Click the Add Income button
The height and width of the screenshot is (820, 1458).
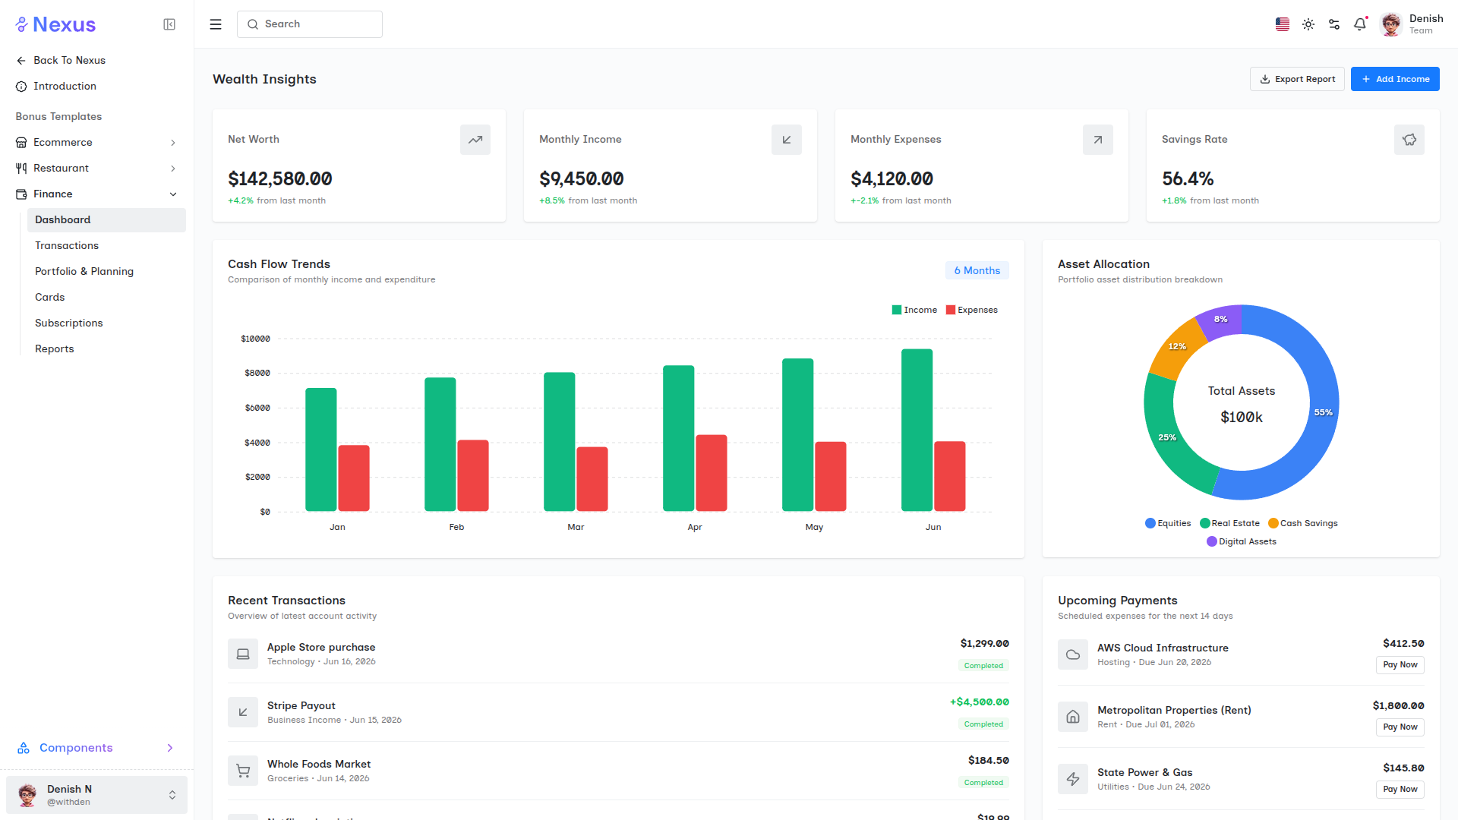(x=1395, y=79)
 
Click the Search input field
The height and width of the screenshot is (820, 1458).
(x=310, y=24)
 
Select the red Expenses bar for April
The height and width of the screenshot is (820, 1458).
(x=712, y=473)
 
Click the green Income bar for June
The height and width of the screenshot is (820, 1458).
(x=917, y=430)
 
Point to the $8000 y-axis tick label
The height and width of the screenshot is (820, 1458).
(x=257, y=373)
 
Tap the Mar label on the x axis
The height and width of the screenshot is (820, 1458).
(x=576, y=527)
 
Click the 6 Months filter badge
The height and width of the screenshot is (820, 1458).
(x=977, y=270)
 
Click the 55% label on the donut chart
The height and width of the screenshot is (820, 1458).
(x=1324, y=412)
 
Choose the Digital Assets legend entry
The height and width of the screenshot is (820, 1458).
(x=1242, y=541)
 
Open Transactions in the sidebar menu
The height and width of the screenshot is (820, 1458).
(x=67, y=245)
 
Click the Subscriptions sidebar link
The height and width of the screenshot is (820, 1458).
(x=68, y=323)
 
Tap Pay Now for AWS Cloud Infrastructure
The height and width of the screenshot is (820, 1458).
(x=1400, y=665)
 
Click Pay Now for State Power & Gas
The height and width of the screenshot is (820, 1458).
(x=1400, y=790)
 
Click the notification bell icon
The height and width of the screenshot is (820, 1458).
(x=1360, y=24)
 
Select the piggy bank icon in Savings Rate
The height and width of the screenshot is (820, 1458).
(x=1409, y=140)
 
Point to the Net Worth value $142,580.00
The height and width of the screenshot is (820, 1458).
(x=280, y=179)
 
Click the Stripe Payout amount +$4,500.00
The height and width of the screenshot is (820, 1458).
(x=980, y=702)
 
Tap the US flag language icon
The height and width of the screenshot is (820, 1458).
(x=1283, y=24)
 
